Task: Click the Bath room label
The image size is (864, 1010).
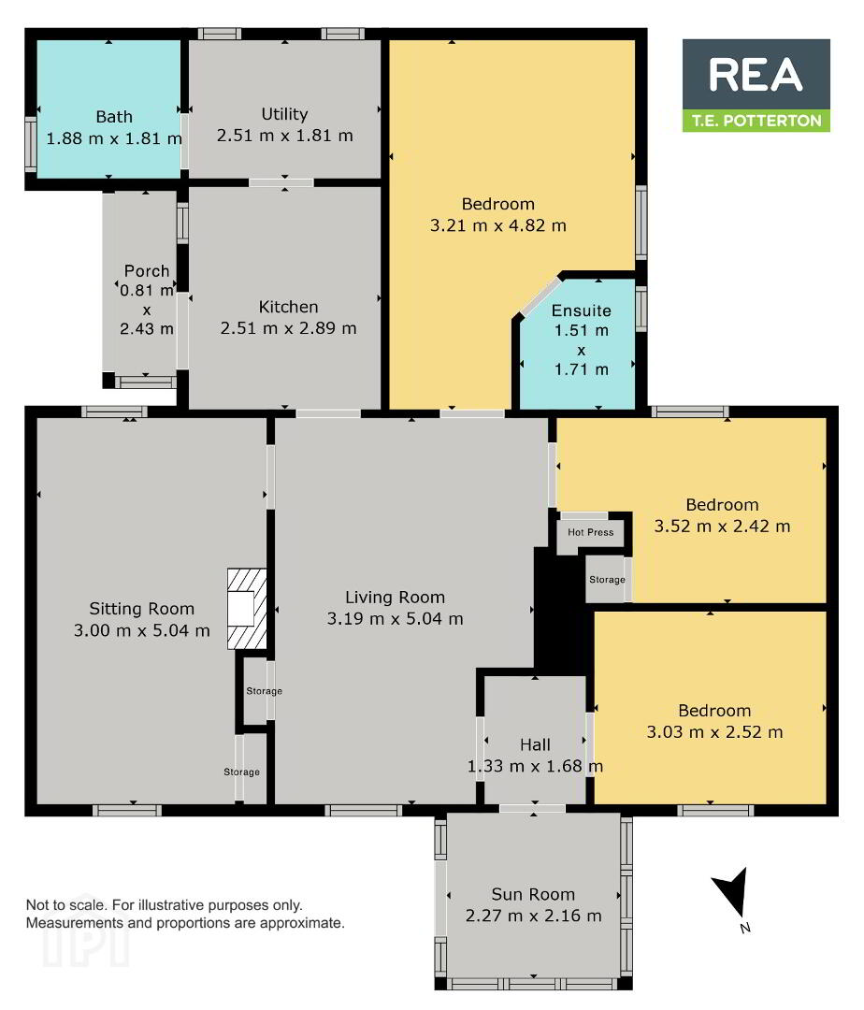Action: coord(114,117)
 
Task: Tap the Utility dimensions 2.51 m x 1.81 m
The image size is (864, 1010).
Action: coord(284,136)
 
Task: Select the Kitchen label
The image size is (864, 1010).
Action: coord(288,307)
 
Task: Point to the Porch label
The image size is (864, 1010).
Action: coord(147,270)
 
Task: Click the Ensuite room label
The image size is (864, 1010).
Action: coord(582,310)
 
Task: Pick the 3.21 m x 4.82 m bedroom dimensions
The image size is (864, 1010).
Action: coord(498,225)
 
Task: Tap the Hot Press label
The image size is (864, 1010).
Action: coord(590,532)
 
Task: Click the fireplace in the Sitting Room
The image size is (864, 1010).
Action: coord(247,608)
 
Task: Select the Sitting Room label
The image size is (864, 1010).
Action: coord(141,609)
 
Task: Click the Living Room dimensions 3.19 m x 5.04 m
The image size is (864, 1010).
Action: coord(396,619)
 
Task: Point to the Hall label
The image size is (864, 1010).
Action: coord(535,744)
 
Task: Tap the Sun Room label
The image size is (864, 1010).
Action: coord(533,894)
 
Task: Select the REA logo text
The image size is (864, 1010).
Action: coord(756,75)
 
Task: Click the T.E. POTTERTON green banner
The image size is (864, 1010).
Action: coord(756,121)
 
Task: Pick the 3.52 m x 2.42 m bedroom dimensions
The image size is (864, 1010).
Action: coord(723,527)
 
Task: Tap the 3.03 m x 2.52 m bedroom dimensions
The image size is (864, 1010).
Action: coord(714,732)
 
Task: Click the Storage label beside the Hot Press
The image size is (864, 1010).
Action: coord(607,580)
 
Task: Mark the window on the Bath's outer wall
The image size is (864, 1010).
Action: coord(30,144)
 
